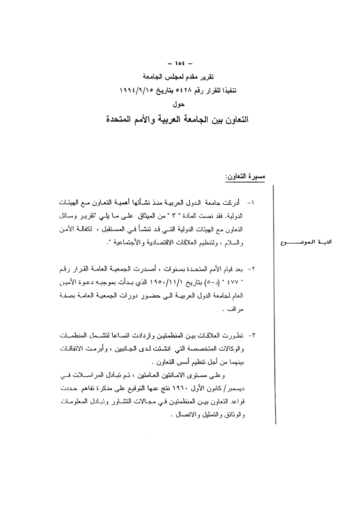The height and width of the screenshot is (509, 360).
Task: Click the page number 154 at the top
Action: click(x=180, y=62)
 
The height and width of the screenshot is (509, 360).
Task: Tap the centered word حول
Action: click(x=180, y=100)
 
